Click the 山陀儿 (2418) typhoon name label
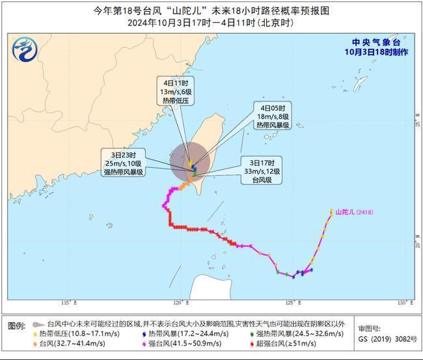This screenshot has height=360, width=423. click(x=355, y=212)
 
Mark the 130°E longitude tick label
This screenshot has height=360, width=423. click(x=405, y=303)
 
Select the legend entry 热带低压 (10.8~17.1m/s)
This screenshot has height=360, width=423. click(x=73, y=335)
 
